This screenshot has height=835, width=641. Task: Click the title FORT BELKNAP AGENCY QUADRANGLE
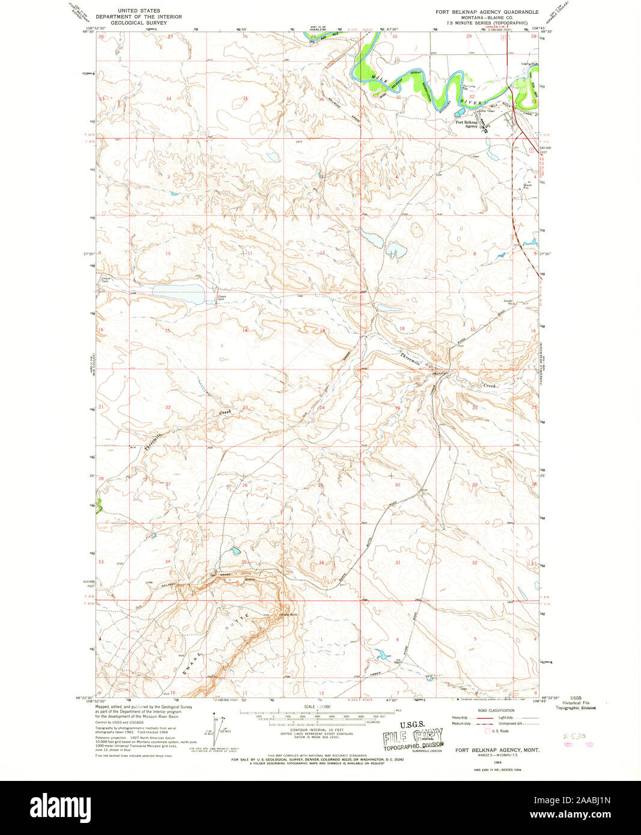(487, 12)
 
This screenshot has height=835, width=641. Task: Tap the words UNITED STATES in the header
(139, 11)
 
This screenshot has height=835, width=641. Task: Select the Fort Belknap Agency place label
(467, 124)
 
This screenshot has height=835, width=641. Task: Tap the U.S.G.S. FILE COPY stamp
(413, 736)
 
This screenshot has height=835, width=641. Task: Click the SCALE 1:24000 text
(317, 706)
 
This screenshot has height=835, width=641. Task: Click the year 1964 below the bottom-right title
(497, 762)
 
